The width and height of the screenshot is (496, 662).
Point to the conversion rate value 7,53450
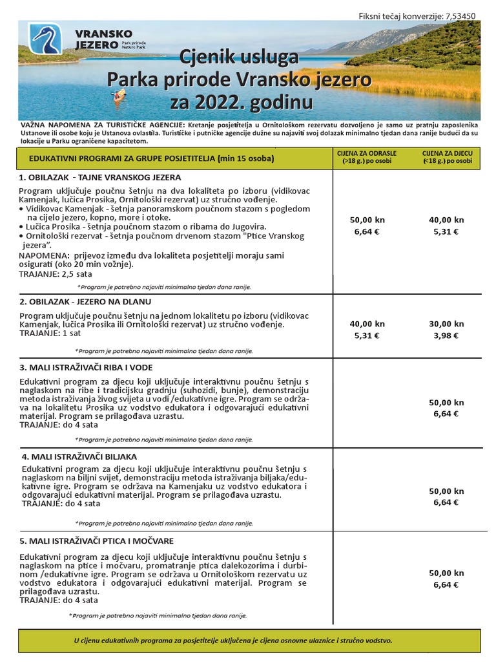pyautogui.click(x=462, y=16)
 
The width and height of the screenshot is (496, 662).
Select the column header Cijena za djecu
pyautogui.click(x=447, y=156)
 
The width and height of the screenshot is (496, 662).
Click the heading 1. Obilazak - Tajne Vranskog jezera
pyautogui.click(x=100, y=177)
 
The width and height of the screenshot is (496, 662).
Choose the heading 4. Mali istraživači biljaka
pyautogui.click(x=79, y=456)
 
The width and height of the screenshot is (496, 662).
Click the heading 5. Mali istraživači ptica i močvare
pyautogui.click(x=96, y=540)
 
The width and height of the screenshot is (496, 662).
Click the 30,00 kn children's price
pyautogui.click(x=446, y=324)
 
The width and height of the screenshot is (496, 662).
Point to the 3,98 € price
pyautogui.click(x=446, y=336)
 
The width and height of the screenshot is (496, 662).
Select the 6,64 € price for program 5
pyautogui.click(x=446, y=585)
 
